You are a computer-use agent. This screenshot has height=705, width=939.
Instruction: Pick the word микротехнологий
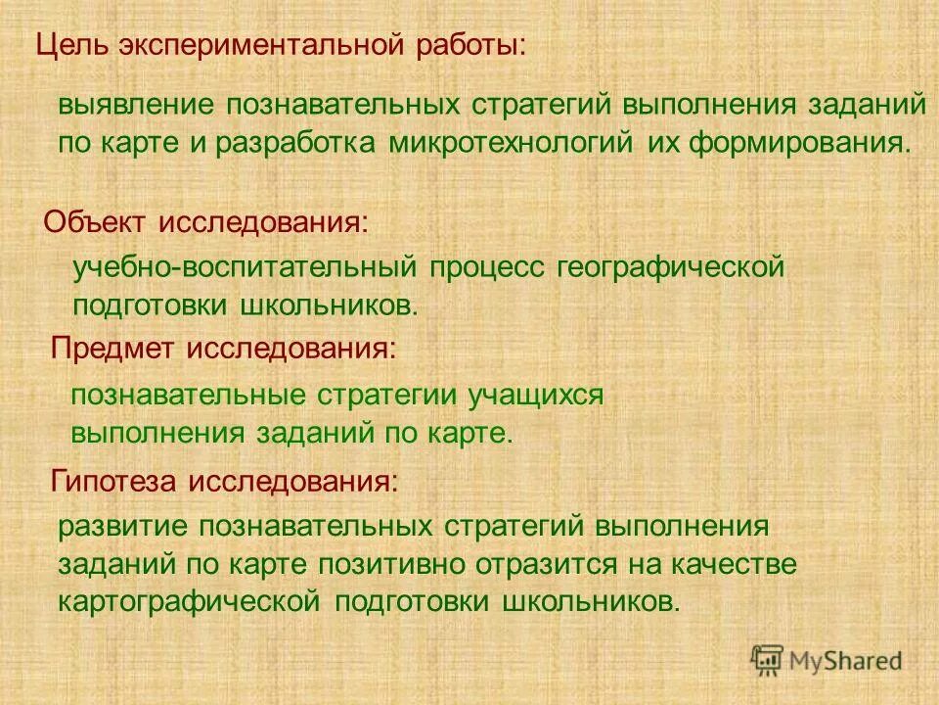(x=512, y=143)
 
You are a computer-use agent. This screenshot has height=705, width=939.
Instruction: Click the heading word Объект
(x=93, y=221)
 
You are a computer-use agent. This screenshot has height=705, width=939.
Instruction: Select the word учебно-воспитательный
(x=246, y=267)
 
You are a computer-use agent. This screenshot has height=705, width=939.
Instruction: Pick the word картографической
(x=190, y=599)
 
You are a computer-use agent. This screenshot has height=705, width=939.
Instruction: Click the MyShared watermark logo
(x=827, y=659)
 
